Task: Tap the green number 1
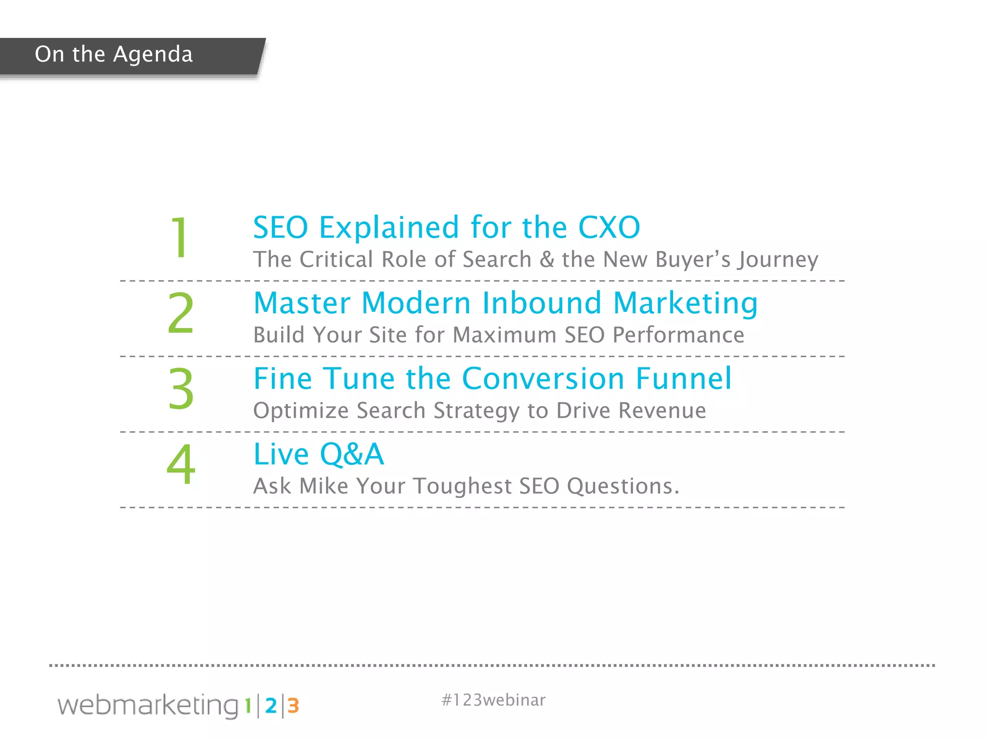tap(180, 237)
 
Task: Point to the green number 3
tap(181, 388)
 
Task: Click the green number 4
tap(181, 464)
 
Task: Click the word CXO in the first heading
tap(609, 227)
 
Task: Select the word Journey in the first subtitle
tap(778, 260)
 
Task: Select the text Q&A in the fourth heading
tap(352, 454)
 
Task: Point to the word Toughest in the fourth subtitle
tap(462, 486)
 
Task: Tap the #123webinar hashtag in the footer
tap(493, 700)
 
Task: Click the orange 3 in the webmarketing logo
tap(293, 706)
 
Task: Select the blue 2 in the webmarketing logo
tap(271, 706)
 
